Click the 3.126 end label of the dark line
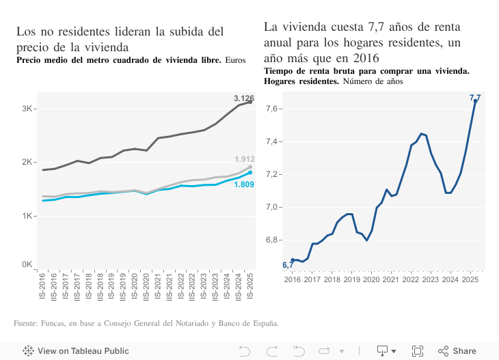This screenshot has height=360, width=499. pos(243,98)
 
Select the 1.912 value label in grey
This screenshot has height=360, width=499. pos(244,159)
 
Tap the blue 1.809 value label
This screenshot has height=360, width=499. pos(244,184)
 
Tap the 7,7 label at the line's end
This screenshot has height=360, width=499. pos(475,98)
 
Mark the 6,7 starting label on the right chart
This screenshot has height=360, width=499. pos(287,265)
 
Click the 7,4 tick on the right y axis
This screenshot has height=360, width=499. pos(273,141)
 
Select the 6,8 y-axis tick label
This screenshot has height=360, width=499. pos(273,240)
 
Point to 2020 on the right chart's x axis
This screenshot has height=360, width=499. pos(371,279)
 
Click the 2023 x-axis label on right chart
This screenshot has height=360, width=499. pos(431,279)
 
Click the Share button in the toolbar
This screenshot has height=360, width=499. pos(457,351)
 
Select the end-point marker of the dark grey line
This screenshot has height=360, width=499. pos(250,101)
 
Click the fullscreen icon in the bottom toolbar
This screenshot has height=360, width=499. pos(418,351)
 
